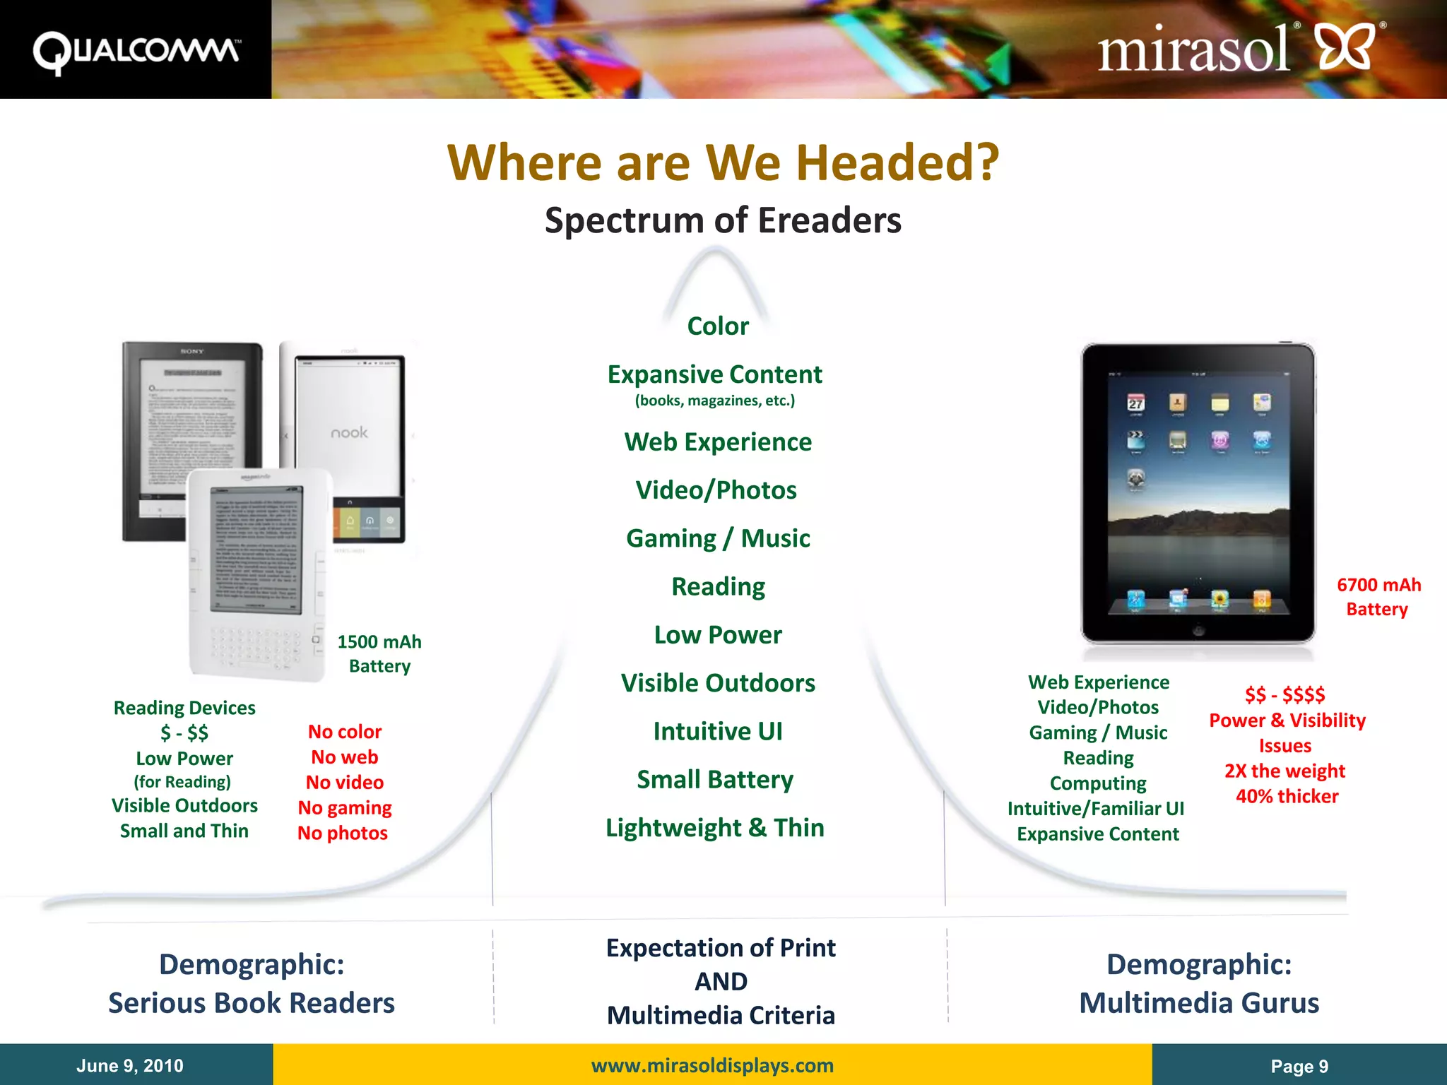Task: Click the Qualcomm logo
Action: point(136,51)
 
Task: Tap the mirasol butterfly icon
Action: point(1347,47)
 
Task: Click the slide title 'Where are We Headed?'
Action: point(723,162)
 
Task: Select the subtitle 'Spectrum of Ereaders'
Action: point(723,220)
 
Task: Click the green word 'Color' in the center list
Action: point(718,326)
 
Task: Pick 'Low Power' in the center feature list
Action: point(718,635)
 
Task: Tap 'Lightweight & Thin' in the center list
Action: point(715,828)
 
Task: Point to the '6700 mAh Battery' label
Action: point(1378,597)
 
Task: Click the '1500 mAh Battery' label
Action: point(379,653)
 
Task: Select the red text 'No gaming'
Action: point(345,808)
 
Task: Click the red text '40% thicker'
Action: point(1287,797)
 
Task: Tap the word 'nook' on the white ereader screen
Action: point(349,432)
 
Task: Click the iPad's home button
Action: point(1198,630)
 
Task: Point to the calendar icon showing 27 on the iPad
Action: point(1135,403)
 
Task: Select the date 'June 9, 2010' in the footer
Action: point(130,1066)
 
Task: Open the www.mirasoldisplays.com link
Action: point(712,1065)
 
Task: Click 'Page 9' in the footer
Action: point(1299,1067)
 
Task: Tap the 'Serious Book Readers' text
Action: point(252,1003)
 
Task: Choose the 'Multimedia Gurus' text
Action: point(1199,1003)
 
